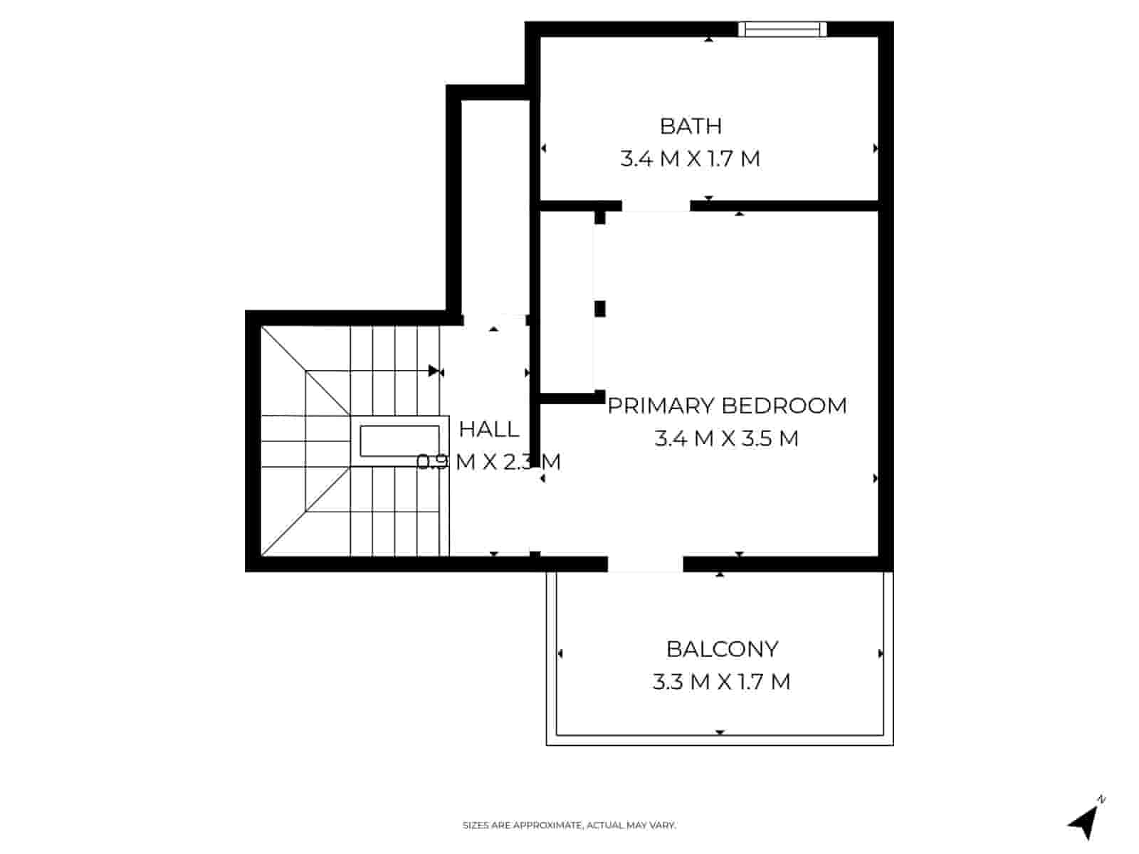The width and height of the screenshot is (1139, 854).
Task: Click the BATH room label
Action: tap(691, 126)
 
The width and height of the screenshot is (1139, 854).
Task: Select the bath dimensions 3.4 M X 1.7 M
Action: tap(691, 159)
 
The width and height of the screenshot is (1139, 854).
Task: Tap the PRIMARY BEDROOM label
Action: tap(727, 406)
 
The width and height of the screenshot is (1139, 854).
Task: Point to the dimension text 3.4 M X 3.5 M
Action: tap(727, 438)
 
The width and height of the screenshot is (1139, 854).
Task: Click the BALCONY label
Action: tap(722, 649)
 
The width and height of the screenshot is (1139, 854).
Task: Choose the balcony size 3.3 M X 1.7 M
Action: tap(722, 682)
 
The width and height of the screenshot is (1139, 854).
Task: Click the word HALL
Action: tap(489, 429)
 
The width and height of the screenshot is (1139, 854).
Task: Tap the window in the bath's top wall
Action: tap(782, 29)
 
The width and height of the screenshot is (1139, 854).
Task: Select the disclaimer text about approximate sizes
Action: tap(569, 826)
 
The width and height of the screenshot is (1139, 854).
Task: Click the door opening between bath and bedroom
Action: tap(656, 206)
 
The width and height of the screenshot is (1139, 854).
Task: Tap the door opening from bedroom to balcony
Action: tap(645, 564)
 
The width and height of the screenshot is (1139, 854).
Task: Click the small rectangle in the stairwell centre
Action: tap(399, 441)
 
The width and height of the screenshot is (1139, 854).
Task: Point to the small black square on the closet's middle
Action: tap(600, 308)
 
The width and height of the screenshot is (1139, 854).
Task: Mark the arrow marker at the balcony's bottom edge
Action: tap(720, 732)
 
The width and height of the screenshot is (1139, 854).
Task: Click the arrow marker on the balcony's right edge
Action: tap(881, 653)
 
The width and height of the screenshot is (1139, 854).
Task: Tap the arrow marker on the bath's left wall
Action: tap(543, 149)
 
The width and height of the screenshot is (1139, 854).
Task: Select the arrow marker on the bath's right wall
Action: tap(876, 149)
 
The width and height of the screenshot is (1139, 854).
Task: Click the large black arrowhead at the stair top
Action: tap(434, 371)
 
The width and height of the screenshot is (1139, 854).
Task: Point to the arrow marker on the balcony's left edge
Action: tap(560, 653)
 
